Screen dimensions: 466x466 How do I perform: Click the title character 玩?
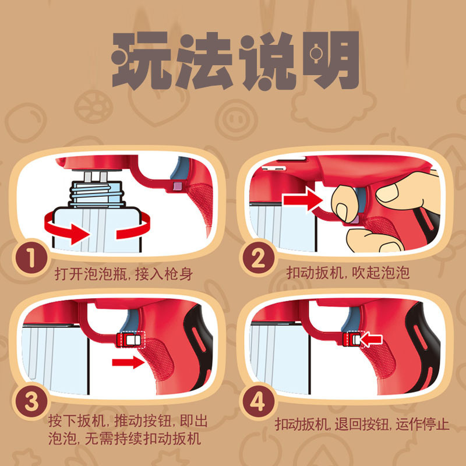coord(142,61)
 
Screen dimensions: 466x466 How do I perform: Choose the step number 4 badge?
coord(257,402)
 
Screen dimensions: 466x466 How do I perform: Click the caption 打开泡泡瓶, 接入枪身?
coord(123,273)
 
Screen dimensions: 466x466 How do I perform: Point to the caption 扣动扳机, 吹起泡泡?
coord(348,272)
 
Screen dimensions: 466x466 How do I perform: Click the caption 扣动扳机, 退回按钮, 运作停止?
coord(362,424)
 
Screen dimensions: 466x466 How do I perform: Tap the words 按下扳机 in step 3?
coord(76,421)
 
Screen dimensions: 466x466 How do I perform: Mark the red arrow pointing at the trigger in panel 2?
coord(302,200)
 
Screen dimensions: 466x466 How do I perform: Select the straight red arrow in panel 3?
coord(128,362)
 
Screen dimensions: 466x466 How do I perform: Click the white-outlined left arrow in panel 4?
coord(371,340)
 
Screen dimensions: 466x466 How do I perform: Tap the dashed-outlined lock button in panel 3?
coord(130,340)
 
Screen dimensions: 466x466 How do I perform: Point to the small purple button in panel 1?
coord(178,186)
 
